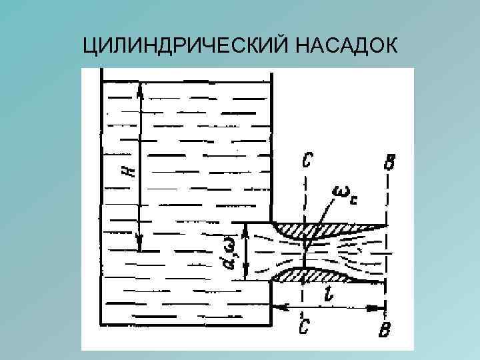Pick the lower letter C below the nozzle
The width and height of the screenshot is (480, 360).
(304, 326)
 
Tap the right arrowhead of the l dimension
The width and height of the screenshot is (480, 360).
(381, 309)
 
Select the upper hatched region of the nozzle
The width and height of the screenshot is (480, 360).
(313, 230)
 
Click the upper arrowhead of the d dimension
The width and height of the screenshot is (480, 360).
(247, 228)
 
